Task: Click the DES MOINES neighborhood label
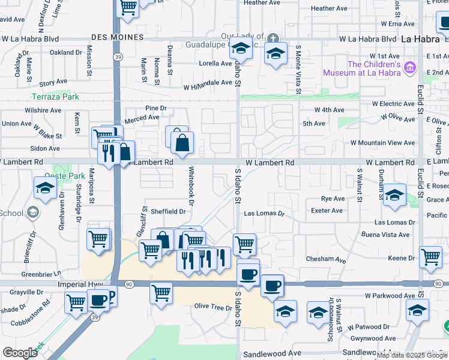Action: (118, 37)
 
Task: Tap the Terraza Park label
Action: (55, 96)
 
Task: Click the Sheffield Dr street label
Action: (168, 212)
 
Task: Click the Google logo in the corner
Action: (20, 353)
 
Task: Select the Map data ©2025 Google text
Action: (412, 355)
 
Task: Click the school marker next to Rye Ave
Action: (394, 194)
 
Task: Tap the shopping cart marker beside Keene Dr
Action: (431, 257)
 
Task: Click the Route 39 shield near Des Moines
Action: (116, 56)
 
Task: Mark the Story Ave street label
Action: (53, 83)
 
